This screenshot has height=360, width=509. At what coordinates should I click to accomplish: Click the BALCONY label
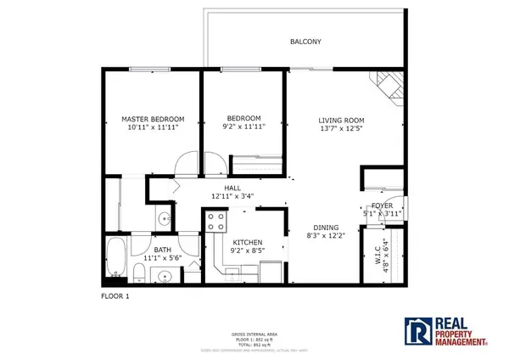[x=305, y=42]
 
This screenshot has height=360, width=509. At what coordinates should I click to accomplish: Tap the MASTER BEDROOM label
[x=153, y=119]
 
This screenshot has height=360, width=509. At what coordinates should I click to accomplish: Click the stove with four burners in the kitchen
[x=215, y=222]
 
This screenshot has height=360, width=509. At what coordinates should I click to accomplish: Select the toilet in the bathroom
[x=137, y=273]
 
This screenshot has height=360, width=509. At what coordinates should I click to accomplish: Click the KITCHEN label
[x=247, y=242]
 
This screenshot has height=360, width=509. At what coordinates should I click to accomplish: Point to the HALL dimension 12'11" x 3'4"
[x=232, y=197]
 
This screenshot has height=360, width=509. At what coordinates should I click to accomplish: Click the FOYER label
[x=382, y=205]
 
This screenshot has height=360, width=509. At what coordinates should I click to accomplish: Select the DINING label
[x=325, y=228]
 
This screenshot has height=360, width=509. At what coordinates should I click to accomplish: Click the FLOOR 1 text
[x=115, y=296]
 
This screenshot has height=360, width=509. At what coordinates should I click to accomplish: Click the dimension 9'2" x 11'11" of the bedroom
[x=243, y=127]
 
